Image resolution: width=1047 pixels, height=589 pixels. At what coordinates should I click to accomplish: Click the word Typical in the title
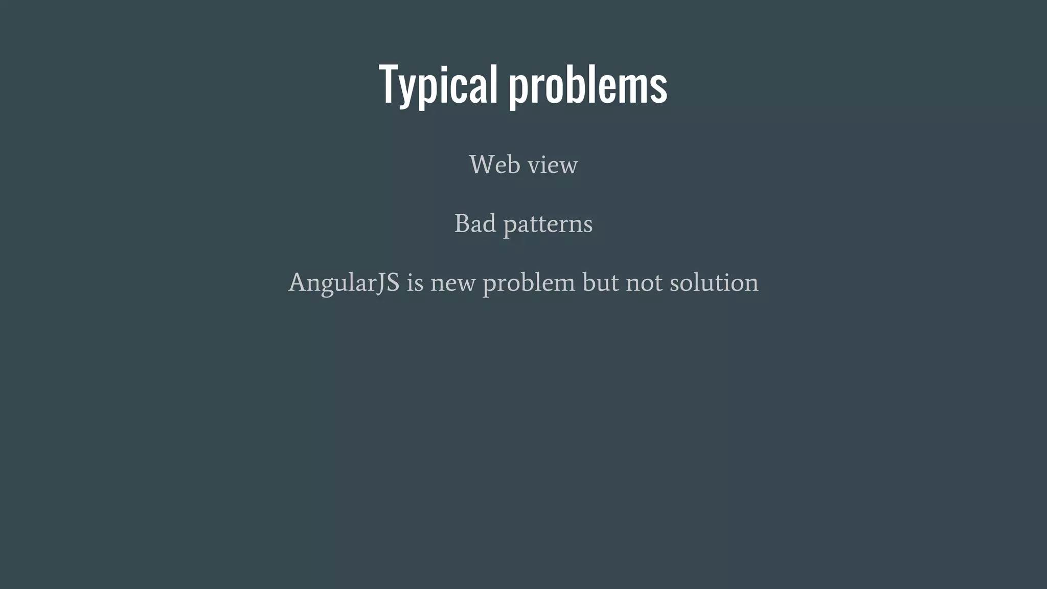438,84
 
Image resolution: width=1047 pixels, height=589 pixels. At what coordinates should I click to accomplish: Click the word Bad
475,223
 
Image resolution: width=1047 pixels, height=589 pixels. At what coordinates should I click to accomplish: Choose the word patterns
548,224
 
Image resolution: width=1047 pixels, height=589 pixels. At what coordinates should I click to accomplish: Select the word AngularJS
344,283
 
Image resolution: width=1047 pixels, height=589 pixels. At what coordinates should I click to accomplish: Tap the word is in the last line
415,283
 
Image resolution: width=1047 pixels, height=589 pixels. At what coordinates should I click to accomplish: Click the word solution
714,283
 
